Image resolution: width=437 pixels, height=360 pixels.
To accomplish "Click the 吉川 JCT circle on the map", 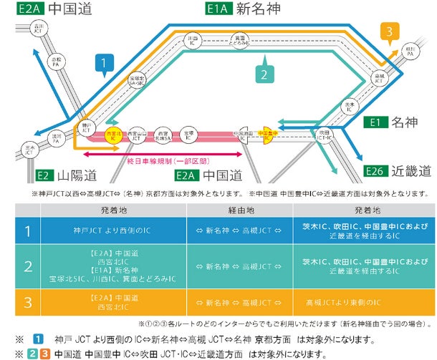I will pos(38,29).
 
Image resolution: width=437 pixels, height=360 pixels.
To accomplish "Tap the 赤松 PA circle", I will pos(58,62).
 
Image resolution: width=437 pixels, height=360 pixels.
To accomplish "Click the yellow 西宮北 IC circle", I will pos(112,135).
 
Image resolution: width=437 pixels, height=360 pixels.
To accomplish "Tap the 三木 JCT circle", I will pos(29,150).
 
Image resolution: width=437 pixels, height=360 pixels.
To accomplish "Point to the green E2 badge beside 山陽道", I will pos(44,175).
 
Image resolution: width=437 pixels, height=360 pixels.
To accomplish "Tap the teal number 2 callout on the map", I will pos(264,74).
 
